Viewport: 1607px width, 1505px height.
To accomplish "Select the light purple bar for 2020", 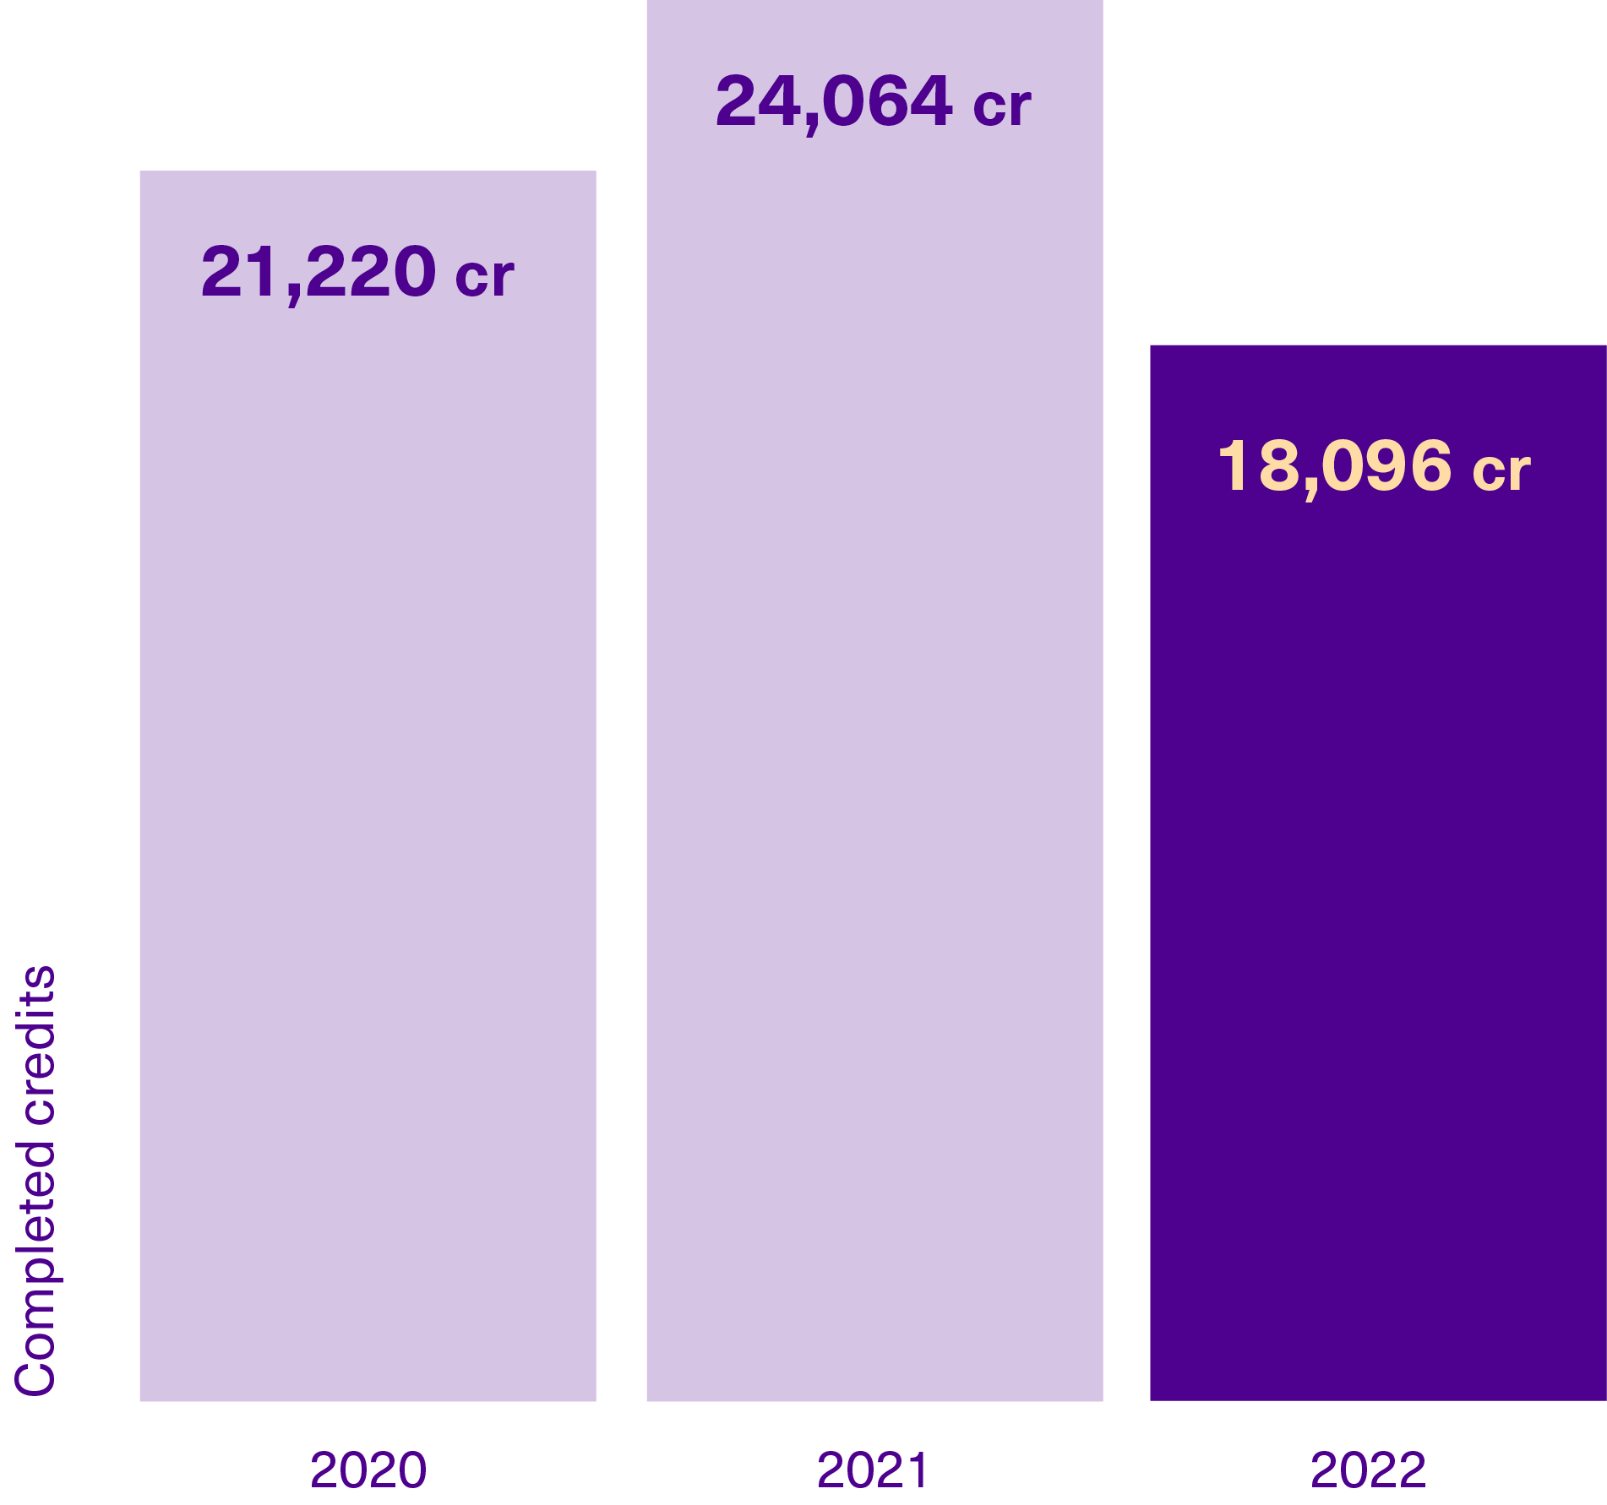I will pyautogui.click(x=368, y=785).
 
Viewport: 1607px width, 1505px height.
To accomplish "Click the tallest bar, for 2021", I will pyautogui.click(x=874, y=701).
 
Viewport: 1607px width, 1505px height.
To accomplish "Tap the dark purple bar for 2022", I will pyautogui.click(x=1377, y=870).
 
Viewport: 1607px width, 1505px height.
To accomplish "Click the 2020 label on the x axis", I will pyautogui.click(x=368, y=1470).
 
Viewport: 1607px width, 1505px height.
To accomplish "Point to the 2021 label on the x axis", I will pyautogui.click(x=873, y=1470).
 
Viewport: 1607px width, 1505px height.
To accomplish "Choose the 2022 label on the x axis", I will pyautogui.click(x=1368, y=1470).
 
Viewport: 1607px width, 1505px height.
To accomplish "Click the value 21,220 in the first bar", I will pyautogui.click(x=319, y=272).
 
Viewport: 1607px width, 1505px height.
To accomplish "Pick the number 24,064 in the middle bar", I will pyautogui.click(x=834, y=101).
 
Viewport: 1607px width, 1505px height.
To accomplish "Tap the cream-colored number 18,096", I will pyautogui.click(x=1334, y=465).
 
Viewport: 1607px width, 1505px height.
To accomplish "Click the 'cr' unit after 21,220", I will pyautogui.click(x=484, y=276).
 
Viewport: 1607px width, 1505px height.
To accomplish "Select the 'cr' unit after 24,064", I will pyautogui.click(x=1001, y=106).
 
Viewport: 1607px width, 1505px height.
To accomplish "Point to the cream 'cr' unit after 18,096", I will pyautogui.click(x=1501, y=470).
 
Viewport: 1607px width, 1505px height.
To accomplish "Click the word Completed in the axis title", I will pyautogui.click(x=35, y=1268).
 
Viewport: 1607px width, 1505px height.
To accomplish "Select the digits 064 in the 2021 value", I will pyautogui.click(x=887, y=101).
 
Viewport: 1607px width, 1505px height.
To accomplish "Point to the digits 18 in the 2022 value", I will pyautogui.click(x=1256, y=465).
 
